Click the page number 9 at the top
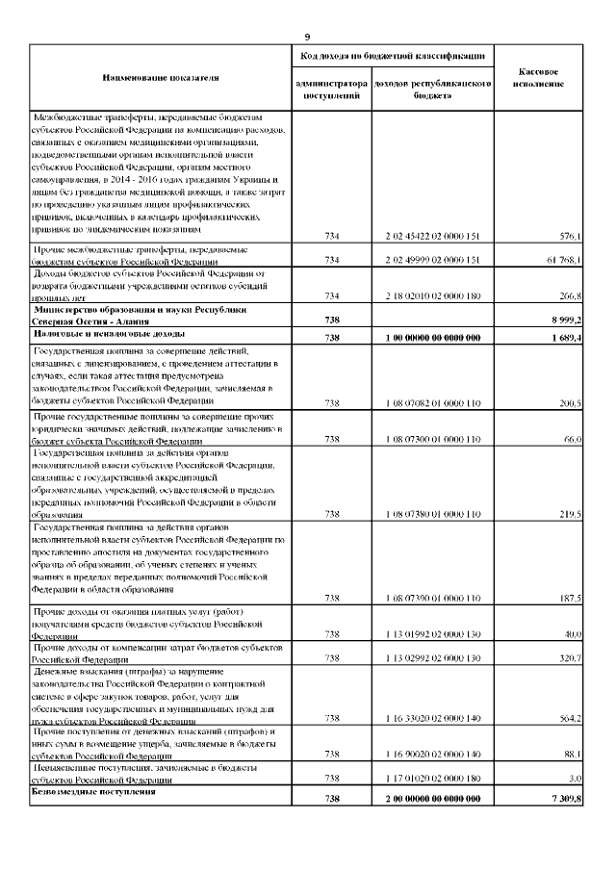[307, 37]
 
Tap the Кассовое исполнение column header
[540, 78]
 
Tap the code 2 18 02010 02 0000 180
[430, 296]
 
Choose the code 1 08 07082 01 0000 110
[430, 402]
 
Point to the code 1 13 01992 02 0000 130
[430, 633]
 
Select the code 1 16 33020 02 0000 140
[430, 718]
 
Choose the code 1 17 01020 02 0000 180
[430, 779]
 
